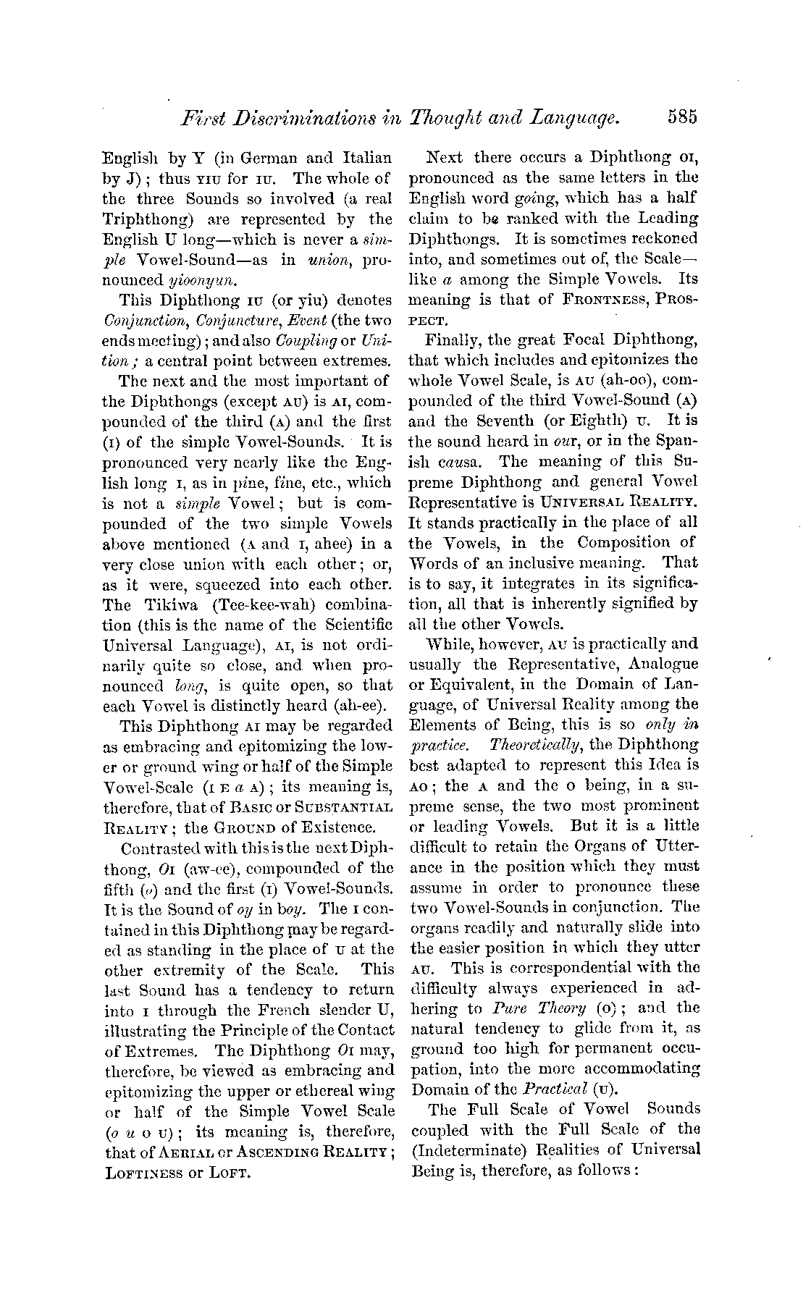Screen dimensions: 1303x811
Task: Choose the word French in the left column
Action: tap(278, 1009)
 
